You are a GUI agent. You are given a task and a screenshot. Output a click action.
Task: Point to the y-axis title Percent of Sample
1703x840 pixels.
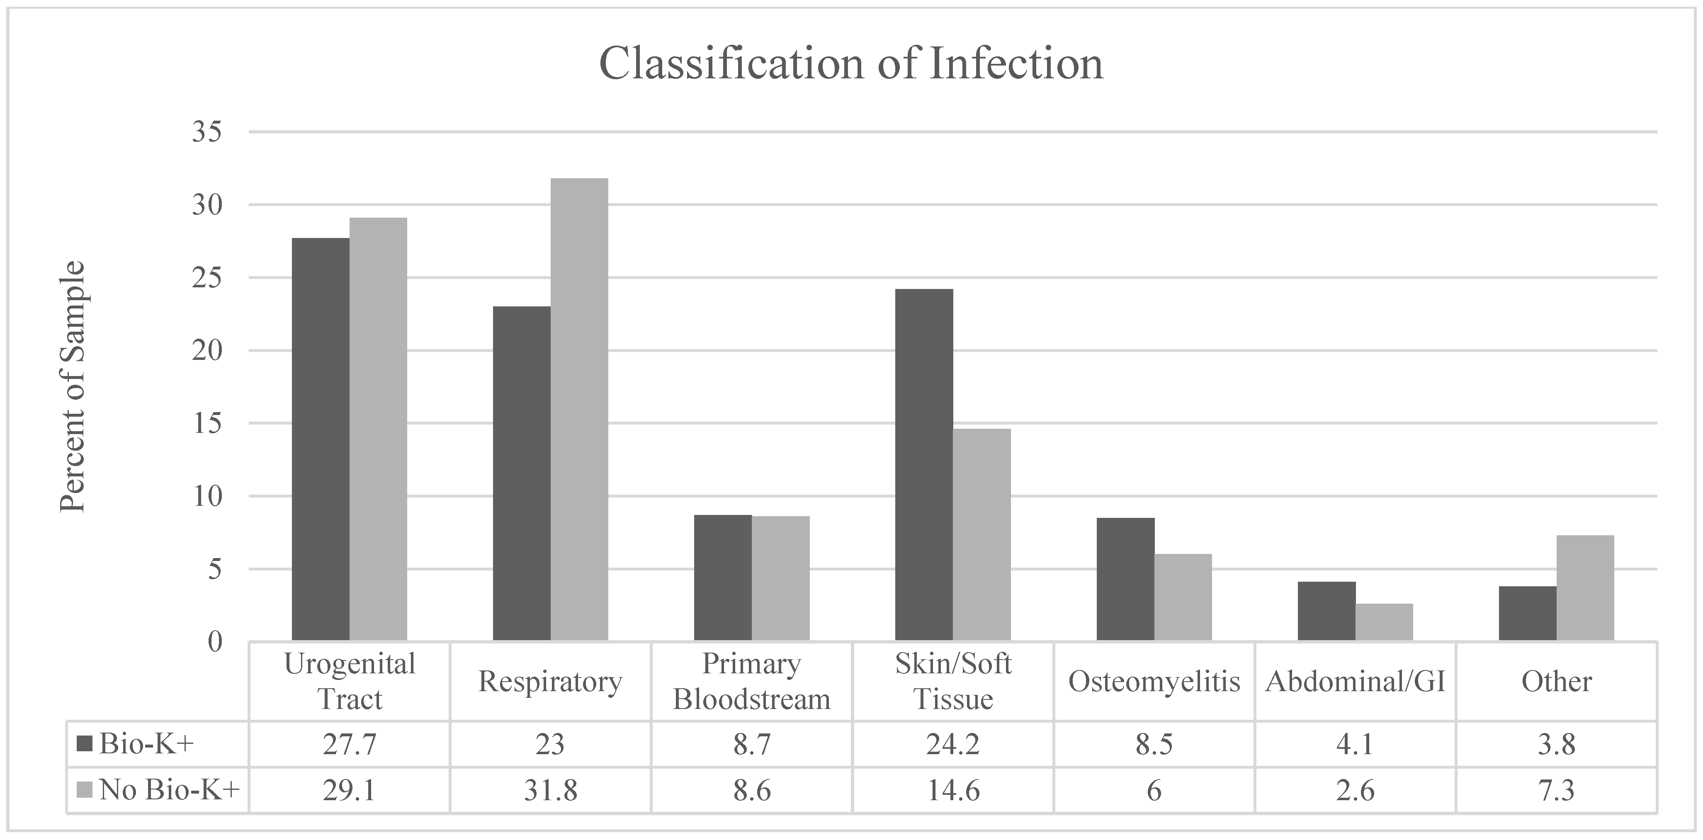point(72,387)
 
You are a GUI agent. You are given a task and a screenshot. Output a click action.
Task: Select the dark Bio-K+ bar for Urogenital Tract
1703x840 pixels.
point(321,439)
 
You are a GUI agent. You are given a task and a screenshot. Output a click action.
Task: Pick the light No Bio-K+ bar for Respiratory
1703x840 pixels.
point(579,410)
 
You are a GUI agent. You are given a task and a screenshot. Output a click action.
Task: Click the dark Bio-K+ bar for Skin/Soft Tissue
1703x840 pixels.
point(924,465)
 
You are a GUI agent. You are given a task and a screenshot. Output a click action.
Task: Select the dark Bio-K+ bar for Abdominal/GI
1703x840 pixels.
point(1326,611)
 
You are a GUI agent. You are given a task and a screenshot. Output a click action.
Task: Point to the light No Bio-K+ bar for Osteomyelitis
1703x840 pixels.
point(1183,597)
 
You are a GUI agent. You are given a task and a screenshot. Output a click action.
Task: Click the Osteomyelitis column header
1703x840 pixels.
point(1154,681)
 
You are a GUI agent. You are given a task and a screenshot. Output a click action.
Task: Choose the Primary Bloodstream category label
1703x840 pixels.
point(752,681)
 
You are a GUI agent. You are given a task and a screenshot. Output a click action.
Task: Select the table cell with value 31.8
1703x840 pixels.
point(550,790)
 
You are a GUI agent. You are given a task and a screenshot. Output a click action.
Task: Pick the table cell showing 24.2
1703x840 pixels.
point(952,744)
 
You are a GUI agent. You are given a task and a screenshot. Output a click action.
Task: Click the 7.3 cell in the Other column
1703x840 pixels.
point(1556,790)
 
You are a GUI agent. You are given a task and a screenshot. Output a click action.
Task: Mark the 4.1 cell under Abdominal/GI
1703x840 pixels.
point(1355,744)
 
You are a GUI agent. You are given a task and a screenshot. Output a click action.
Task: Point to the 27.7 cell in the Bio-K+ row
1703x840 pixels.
point(349,744)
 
